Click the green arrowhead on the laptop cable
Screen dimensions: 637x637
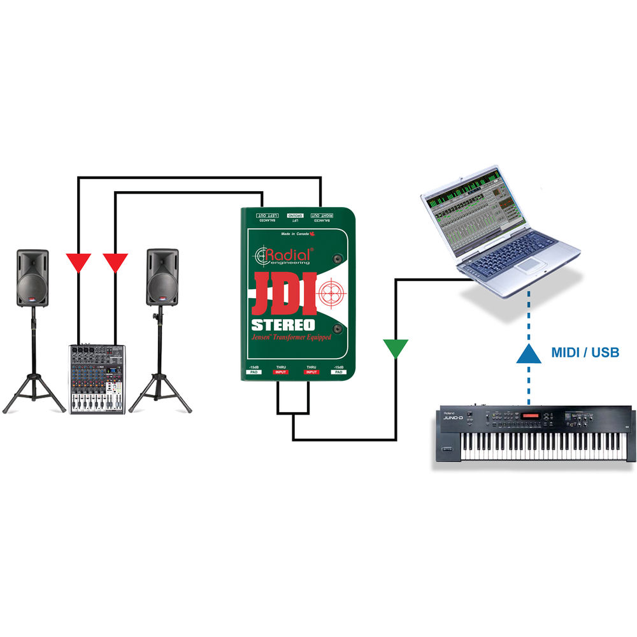click(396, 348)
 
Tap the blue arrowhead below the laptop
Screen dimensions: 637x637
click(529, 352)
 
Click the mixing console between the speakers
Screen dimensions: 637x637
click(97, 379)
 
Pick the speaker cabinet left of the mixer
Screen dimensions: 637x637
click(32, 278)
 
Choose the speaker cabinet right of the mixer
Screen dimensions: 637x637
click(162, 278)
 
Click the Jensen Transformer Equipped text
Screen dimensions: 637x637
click(291, 338)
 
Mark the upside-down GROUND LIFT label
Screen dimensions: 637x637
click(295, 217)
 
